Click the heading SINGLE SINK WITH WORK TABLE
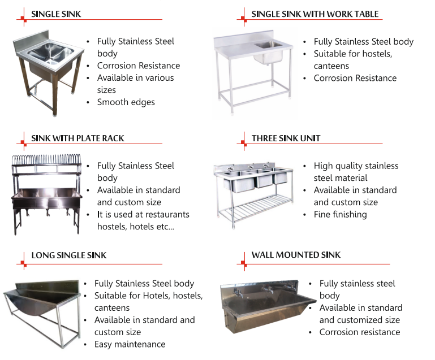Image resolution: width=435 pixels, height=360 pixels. pyautogui.click(x=315, y=14)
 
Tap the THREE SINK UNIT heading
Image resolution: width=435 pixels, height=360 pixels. pyautogui.click(x=286, y=138)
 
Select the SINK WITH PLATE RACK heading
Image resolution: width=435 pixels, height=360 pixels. pyautogui.click(x=77, y=138)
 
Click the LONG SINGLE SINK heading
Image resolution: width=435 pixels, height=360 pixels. pyautogui.click(x=68, y=255)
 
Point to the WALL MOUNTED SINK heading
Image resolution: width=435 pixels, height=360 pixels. pyautogui.click(x=296, y=255)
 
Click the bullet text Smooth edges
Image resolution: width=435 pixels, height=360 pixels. pyautogui.click(x=126, y=102)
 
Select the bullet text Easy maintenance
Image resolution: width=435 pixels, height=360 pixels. pyautogui.click(x=130, y=344)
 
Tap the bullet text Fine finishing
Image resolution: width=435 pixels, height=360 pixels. pyautogui.click(x=340, y=214)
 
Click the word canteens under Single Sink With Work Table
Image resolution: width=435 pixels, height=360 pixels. pyautogui.click(x=331, y=66)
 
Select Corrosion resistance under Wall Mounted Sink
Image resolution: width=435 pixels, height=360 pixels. pyautogui.click(x=359, y=332)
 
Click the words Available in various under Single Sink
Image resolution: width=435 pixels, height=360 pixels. pyautogui.click(x=135, y=77)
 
